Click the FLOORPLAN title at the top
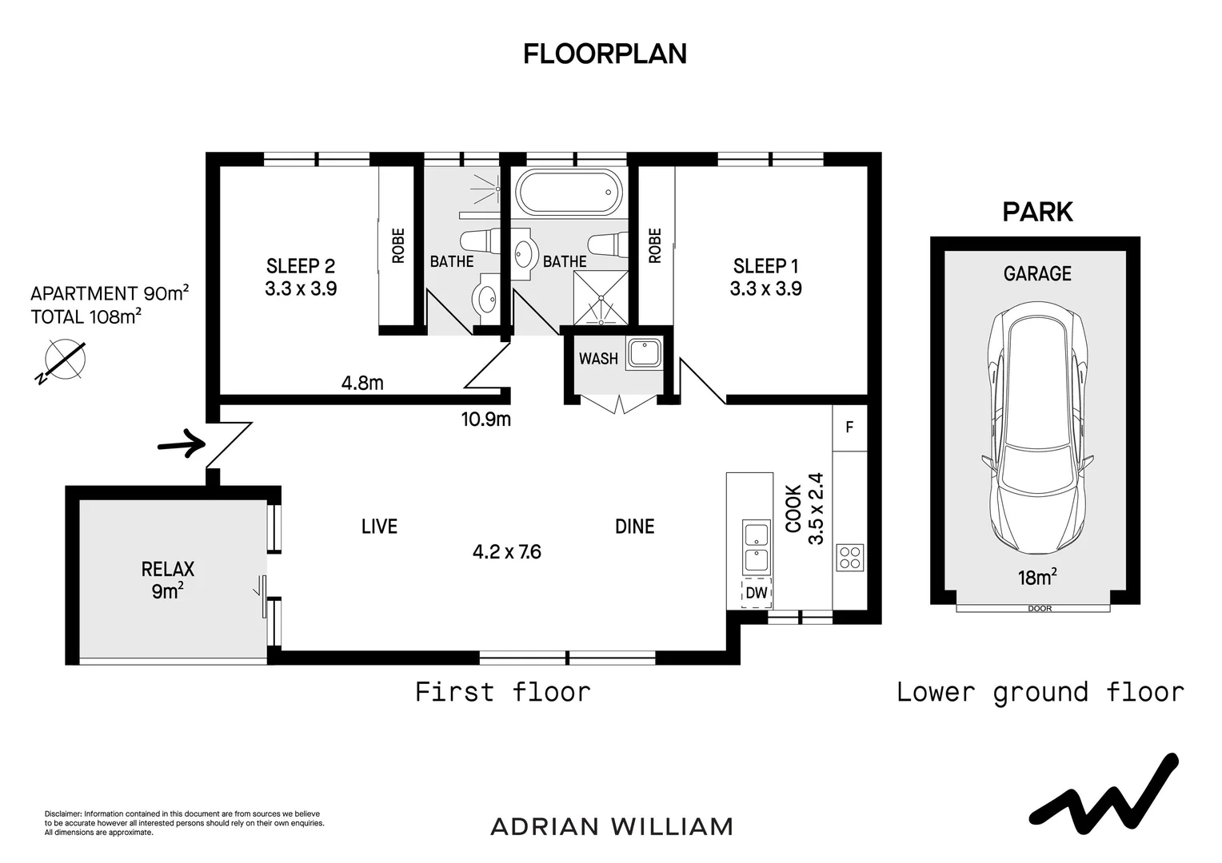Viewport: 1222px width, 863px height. pyautogui.click(x=605, y=54)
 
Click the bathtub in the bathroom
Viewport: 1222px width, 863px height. pyautogui.click(x=569, y=192)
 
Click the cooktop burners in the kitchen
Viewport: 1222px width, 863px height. pyautogui.click(x=850, y=558)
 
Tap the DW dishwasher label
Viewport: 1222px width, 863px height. pyautogui.click(x=756, y=593)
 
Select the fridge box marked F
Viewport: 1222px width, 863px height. pyautogui.click(x=849, y=428)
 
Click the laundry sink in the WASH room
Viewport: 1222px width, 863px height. pyautogui.click(x=645, y=352)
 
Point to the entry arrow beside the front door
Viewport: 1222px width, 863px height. pyautogui.click(x=182, y=443)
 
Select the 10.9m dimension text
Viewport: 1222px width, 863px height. pyautogui.click(x=485, y=420)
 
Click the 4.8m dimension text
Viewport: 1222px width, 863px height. pyautogui.click(x=362, y=384)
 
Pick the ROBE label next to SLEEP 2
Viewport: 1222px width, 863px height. pyautogui.click(x=398, y=246)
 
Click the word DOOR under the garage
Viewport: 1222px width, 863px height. pyautogui.click(x=1040, y=608)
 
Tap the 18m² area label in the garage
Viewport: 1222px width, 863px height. pyautogui.click(x=1037, y=577)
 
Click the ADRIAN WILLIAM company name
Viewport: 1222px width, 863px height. pyautogui.click(x=612, y=827)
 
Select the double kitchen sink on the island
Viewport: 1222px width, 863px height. pyautogui.click(x=756, y=547)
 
